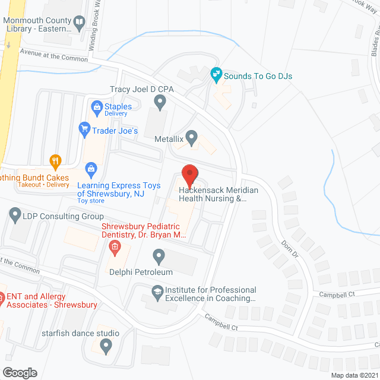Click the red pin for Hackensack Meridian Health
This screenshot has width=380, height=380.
pos(189,175)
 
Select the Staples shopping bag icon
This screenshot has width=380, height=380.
pos(96,107)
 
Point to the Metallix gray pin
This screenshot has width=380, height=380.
pos(191,138)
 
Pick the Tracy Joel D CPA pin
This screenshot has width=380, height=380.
pos(160,103)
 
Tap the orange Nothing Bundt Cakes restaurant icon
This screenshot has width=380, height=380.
pos(55,160)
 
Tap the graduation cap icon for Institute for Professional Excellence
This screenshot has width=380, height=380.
pos(157,291)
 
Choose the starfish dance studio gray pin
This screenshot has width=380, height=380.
pos(106,344)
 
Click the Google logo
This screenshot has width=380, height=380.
pos(19,372)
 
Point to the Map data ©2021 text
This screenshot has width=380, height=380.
pos(353,375)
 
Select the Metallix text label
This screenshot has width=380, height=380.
pos(167,139)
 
